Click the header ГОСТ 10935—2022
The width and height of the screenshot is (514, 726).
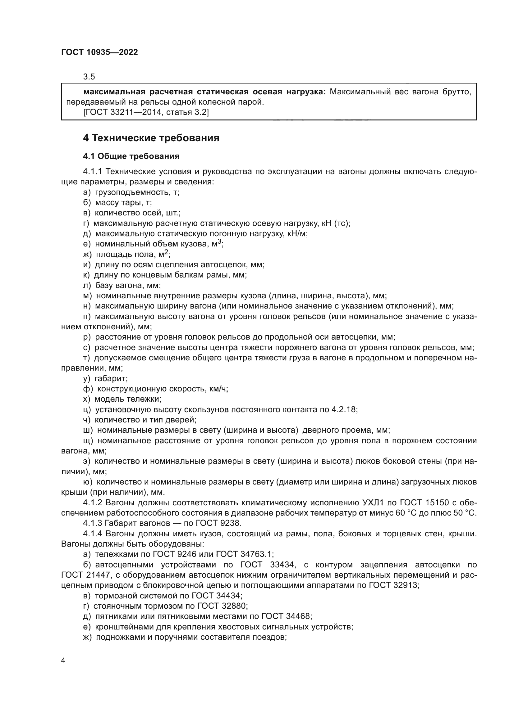pyautogui.click(x=99, y=52)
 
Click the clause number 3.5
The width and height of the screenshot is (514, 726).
pyautogui.click(x=89, y=77)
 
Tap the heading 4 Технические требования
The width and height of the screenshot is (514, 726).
pyautogui.click(x=151, y=138)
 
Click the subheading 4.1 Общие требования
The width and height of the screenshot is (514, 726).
pyautogui.click(x=131, y=156)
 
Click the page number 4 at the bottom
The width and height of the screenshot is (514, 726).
pyautogui.click(x=63, y=661)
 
